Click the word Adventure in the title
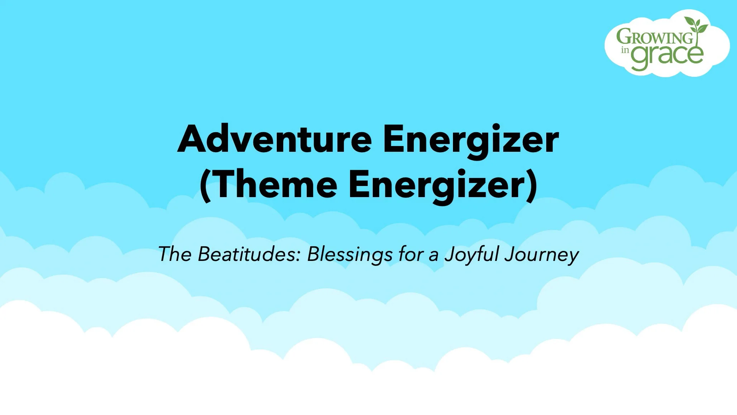[274, 139]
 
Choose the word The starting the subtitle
[175, 254]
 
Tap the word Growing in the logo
[654, 37]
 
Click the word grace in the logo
[667, 56]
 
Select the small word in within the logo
[625, 50]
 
